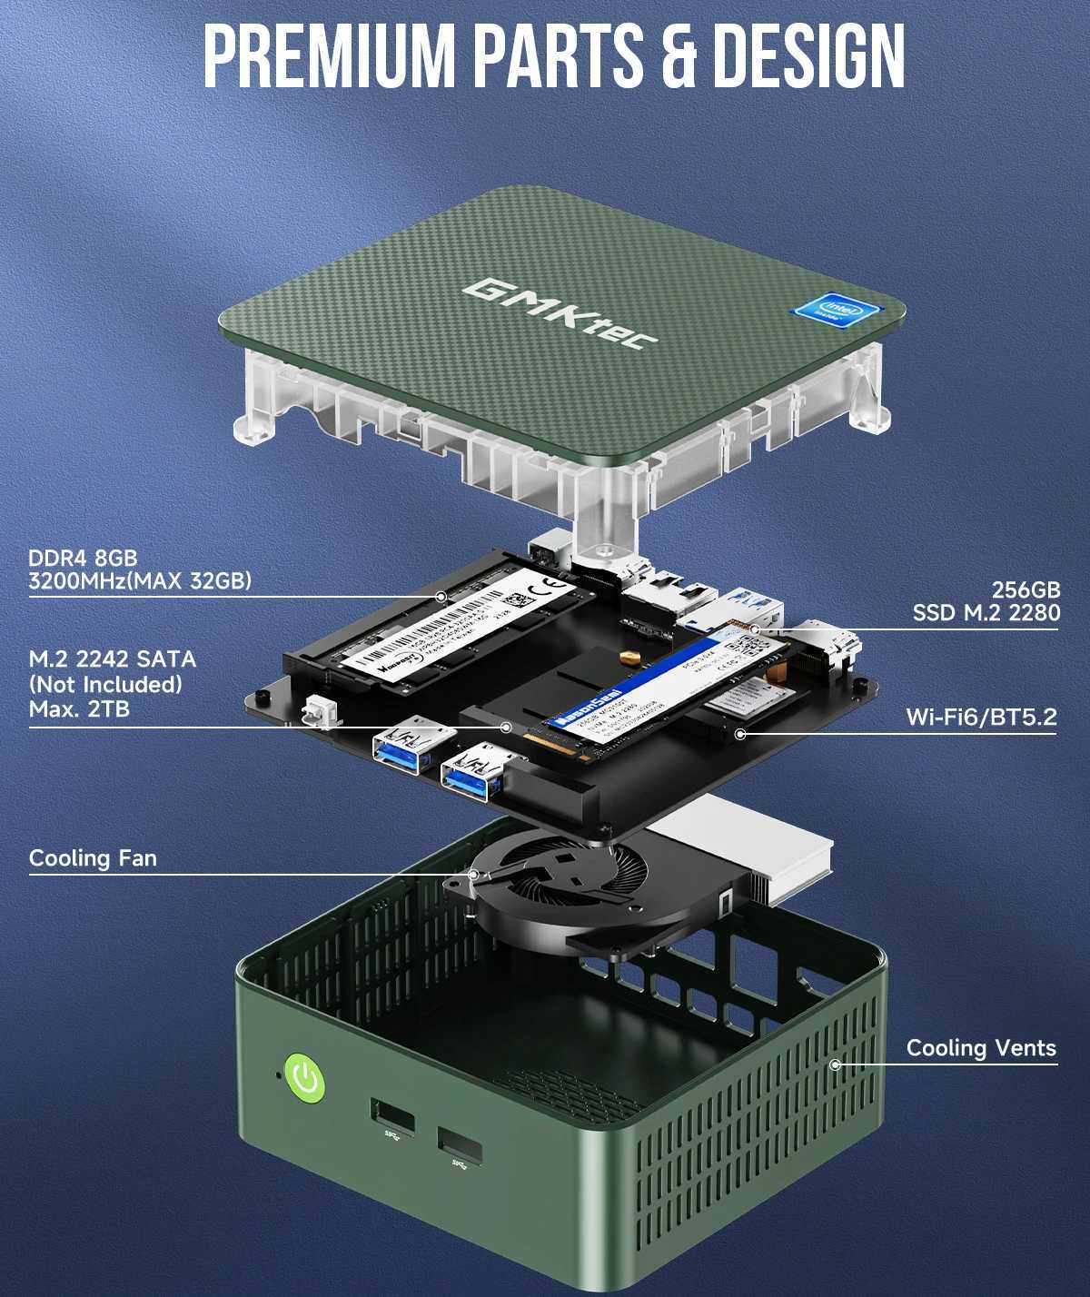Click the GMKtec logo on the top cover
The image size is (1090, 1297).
(x=560, y=313)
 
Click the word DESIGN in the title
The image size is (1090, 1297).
(x=808, y=56)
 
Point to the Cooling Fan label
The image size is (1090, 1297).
(x=93, y=858)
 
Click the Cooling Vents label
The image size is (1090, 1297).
(x=981, y=1048)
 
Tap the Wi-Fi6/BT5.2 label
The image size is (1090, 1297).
(x=981, y=718)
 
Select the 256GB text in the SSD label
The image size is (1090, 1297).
(x=1026, y=589)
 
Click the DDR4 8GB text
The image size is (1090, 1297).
(x=83, y=558)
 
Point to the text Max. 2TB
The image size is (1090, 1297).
(x=79, y=708)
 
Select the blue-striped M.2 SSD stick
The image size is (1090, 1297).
(x=663, y=686)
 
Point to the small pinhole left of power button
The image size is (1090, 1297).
(x=278, y=1076)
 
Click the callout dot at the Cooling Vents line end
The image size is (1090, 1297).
(x=835, y=1064)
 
